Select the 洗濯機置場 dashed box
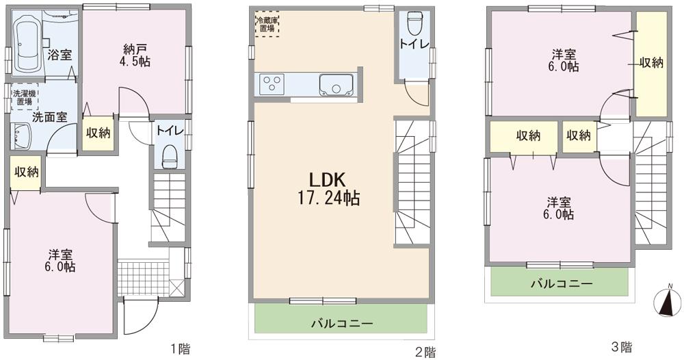(24, 97)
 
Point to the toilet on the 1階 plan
(169, 157)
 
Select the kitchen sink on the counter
(335, 85)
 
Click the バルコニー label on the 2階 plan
(342, 323)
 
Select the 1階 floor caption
(180, 349)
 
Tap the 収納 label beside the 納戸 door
(98, 133)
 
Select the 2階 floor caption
(424, 352)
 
